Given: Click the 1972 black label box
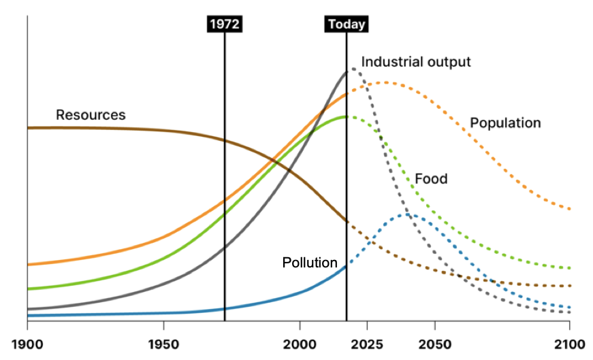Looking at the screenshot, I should (225, 24).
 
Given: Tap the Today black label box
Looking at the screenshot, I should (347, 24).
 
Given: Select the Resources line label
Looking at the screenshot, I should (91, 115).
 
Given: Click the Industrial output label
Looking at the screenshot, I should (416, 62).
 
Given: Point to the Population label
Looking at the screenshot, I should (505, 123).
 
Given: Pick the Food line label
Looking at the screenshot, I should (431, 179).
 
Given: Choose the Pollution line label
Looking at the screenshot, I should (310, 263).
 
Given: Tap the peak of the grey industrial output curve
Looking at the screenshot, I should (351, 69).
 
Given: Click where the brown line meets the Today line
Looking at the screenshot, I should (347, 221).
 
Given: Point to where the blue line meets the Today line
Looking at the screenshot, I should (347, 266).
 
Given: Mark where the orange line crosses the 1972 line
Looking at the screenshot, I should (225, 199).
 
